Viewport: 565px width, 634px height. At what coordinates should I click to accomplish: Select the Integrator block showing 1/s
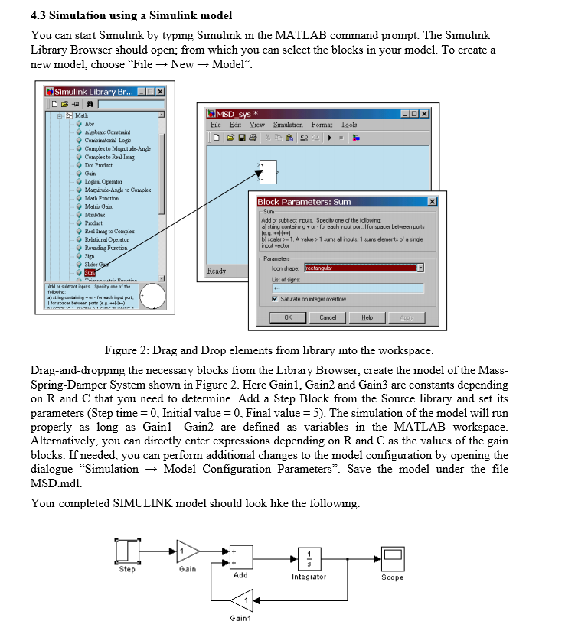click(x=309, y=558)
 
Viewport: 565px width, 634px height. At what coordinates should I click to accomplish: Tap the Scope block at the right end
click(x=393, y=558)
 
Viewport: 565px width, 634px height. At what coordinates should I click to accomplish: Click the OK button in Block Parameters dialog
click(x=288, y=317)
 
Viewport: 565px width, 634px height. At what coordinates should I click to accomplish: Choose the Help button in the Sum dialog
click(x=367, y=317)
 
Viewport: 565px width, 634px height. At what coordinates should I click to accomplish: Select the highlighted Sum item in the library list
click(x=90, y=271)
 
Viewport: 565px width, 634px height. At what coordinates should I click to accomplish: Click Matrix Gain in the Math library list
click(x=100, y=206)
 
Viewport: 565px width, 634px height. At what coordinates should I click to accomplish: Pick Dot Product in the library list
click(x=99, y=165)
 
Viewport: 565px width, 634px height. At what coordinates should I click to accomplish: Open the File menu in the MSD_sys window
click(x=216, y=125)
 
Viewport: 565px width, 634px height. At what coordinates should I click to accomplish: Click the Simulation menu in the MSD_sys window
click(x=288, y=125)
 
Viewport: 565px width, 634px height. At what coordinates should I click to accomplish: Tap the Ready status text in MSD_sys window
click(x=217, y=271)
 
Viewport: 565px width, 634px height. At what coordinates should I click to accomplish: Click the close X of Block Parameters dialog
click(x=432, y=201)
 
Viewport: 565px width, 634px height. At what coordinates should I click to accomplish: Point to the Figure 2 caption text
click(x=268, y=350)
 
